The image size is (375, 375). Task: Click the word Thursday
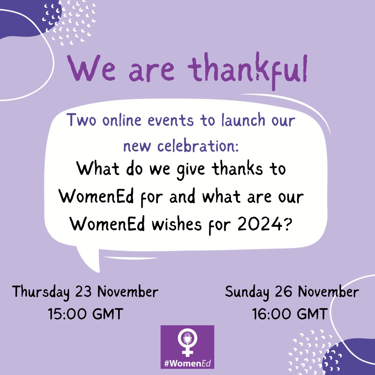click(41, 292)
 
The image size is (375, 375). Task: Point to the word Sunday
click(247, 292)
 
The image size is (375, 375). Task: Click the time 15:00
click(67, 314)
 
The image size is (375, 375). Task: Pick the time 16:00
click(271, 314)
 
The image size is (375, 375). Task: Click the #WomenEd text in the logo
click(187, 364)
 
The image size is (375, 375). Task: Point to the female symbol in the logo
click(187, 342)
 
